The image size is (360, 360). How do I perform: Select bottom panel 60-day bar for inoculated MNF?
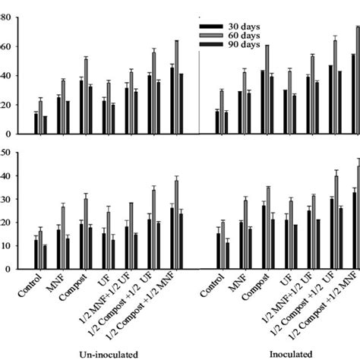(245, 234)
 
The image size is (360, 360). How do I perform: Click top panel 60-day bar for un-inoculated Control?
(40, 109)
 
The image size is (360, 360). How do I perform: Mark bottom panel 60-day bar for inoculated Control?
(222, 245)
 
